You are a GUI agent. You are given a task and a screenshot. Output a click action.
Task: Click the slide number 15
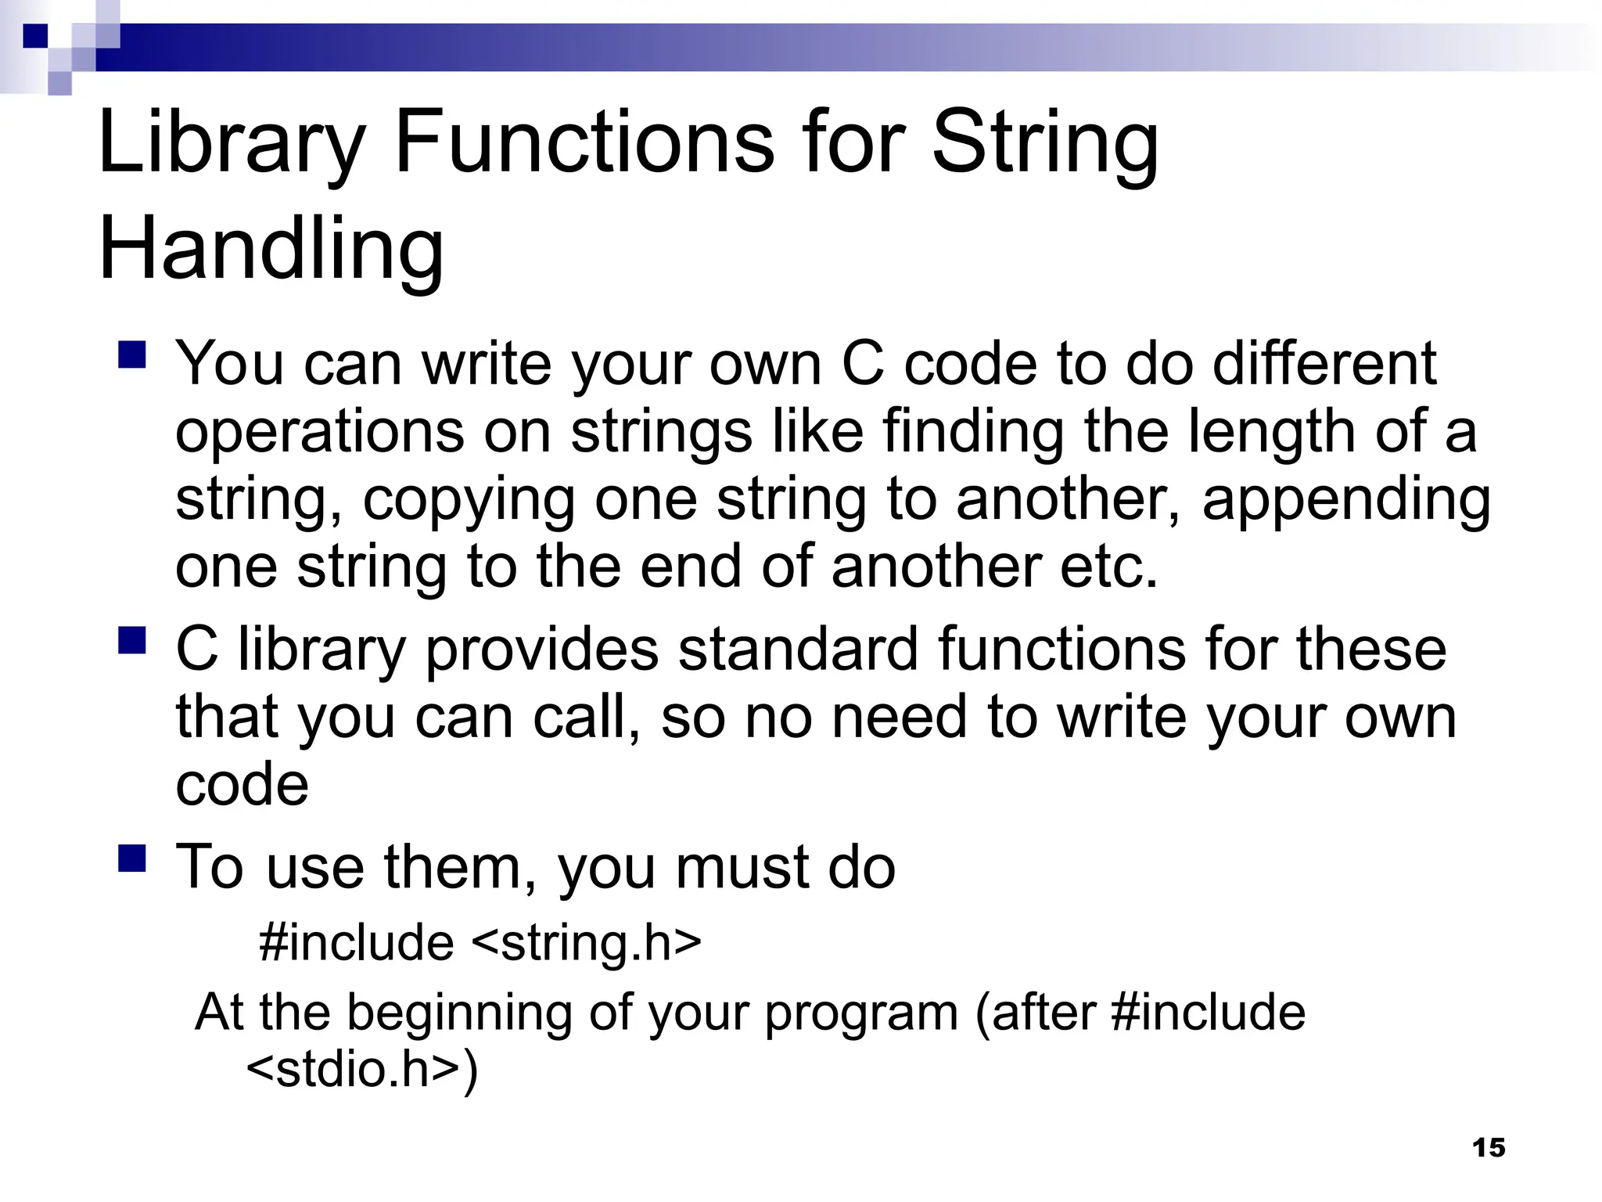tap(1488, 1147)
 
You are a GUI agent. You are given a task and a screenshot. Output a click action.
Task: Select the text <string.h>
tap(587, 942)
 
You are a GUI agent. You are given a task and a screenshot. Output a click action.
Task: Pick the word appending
tap(1346, 501)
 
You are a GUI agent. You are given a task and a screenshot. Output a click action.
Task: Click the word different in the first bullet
tap(1324, 365)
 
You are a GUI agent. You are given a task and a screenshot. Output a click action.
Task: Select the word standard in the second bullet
tap(798, 650)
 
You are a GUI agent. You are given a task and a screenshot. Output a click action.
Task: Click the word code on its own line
tap(242, 784)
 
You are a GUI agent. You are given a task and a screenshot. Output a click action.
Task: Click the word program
tap(861, 1014)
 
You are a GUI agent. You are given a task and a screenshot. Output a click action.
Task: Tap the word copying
tap(469, 501)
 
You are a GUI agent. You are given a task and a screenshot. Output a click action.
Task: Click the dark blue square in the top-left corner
tap(35, 36)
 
